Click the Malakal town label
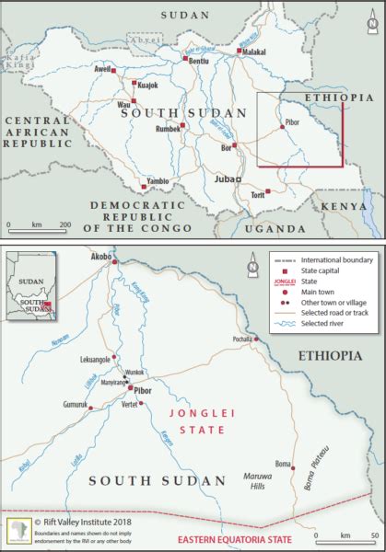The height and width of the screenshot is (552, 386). pos(253,52)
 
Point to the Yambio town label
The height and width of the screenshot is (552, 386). pos(156,182)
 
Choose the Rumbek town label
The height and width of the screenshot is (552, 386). pos(167,129)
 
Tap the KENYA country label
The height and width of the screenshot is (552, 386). pos(351,207)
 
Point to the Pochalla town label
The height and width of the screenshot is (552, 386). pos(244,338)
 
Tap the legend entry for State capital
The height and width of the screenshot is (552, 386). pos(324,272)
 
